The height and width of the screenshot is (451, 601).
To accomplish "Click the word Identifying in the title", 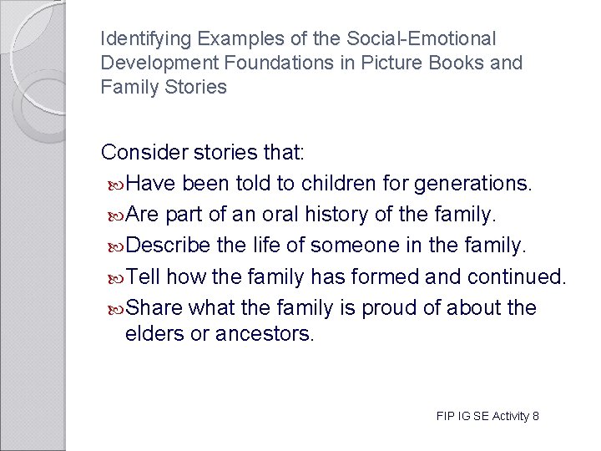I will click(x=139, y=38).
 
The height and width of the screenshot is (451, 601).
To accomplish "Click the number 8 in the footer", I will click(x=535, y=416).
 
